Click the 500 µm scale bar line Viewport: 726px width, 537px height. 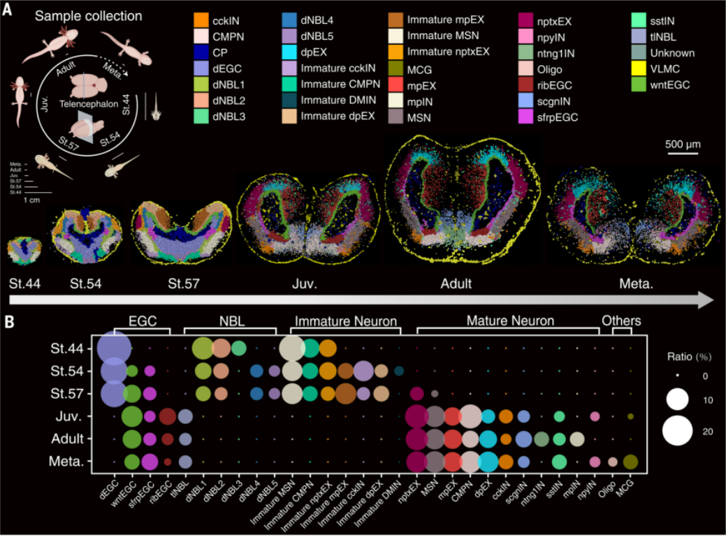pyautogui.click(x=682, y=157)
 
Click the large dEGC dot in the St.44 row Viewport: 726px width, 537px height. pyautogui.click(x=112, y=347)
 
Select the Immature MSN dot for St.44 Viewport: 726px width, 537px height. pyautogui.click(x=292, y=347)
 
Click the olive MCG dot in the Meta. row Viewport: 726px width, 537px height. pyautogui.click(x=630, y=462)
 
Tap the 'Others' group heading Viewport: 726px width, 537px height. pyautogui.click(x=622, y=321)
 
